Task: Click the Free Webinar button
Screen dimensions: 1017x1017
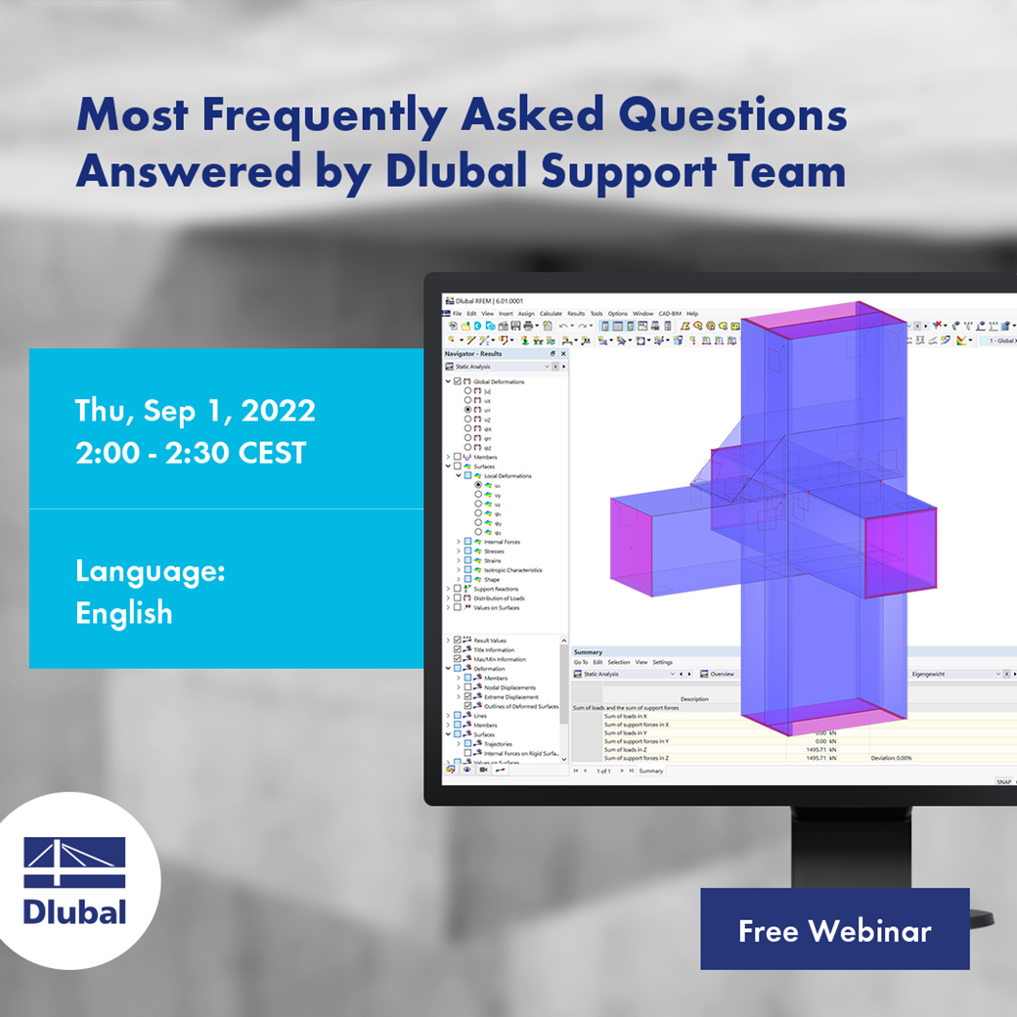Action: point(834,930)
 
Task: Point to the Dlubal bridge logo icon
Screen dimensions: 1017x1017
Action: point(75,862)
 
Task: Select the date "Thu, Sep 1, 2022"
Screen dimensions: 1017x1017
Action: point(196,411)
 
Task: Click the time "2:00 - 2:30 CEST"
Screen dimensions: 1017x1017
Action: point(191,453)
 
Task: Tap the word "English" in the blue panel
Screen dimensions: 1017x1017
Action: point(124,613)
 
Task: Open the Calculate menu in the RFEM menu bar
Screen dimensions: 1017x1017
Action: point(551,314)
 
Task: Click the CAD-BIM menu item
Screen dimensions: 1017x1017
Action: point(670,314)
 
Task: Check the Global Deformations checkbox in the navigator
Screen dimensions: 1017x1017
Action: point(457,381)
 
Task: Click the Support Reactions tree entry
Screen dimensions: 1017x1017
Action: point(496,589)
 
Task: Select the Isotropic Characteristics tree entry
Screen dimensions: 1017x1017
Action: point(512,570)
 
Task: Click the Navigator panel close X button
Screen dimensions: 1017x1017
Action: point(563,353)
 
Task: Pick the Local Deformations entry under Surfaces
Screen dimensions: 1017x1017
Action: point(508,476)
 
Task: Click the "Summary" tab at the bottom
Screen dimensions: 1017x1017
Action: point(651,771)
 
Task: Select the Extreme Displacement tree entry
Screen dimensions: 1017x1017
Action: point(510,697)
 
